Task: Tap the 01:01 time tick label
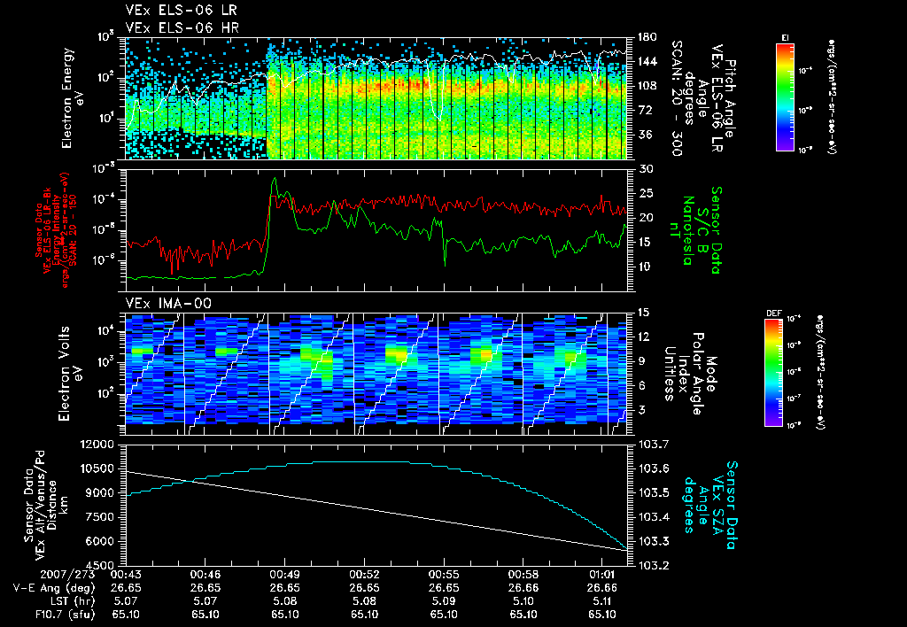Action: pos(602,574)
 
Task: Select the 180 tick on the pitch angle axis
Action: pos(645,37)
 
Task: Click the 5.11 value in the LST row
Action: pos(602,600)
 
